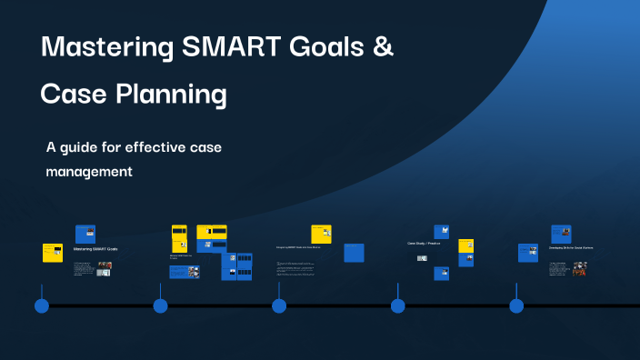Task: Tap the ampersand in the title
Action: point(384,48)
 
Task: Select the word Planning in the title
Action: point(175,94)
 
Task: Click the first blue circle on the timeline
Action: point(42,305)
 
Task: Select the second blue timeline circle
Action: point(160,305)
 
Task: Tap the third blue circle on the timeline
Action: point(279,305)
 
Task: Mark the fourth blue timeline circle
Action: point(397,305)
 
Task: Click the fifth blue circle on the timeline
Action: point(516,305)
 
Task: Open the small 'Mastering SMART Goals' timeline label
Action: point(95,248)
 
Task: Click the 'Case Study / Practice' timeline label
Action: point(425,244)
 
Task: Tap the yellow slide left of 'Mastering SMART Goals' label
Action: point(53,252)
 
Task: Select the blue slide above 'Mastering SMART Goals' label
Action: point(85,234)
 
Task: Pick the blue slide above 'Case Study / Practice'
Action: point(442,232)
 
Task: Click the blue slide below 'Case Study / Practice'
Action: point(442,273)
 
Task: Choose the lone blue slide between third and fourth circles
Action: point(355,253)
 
